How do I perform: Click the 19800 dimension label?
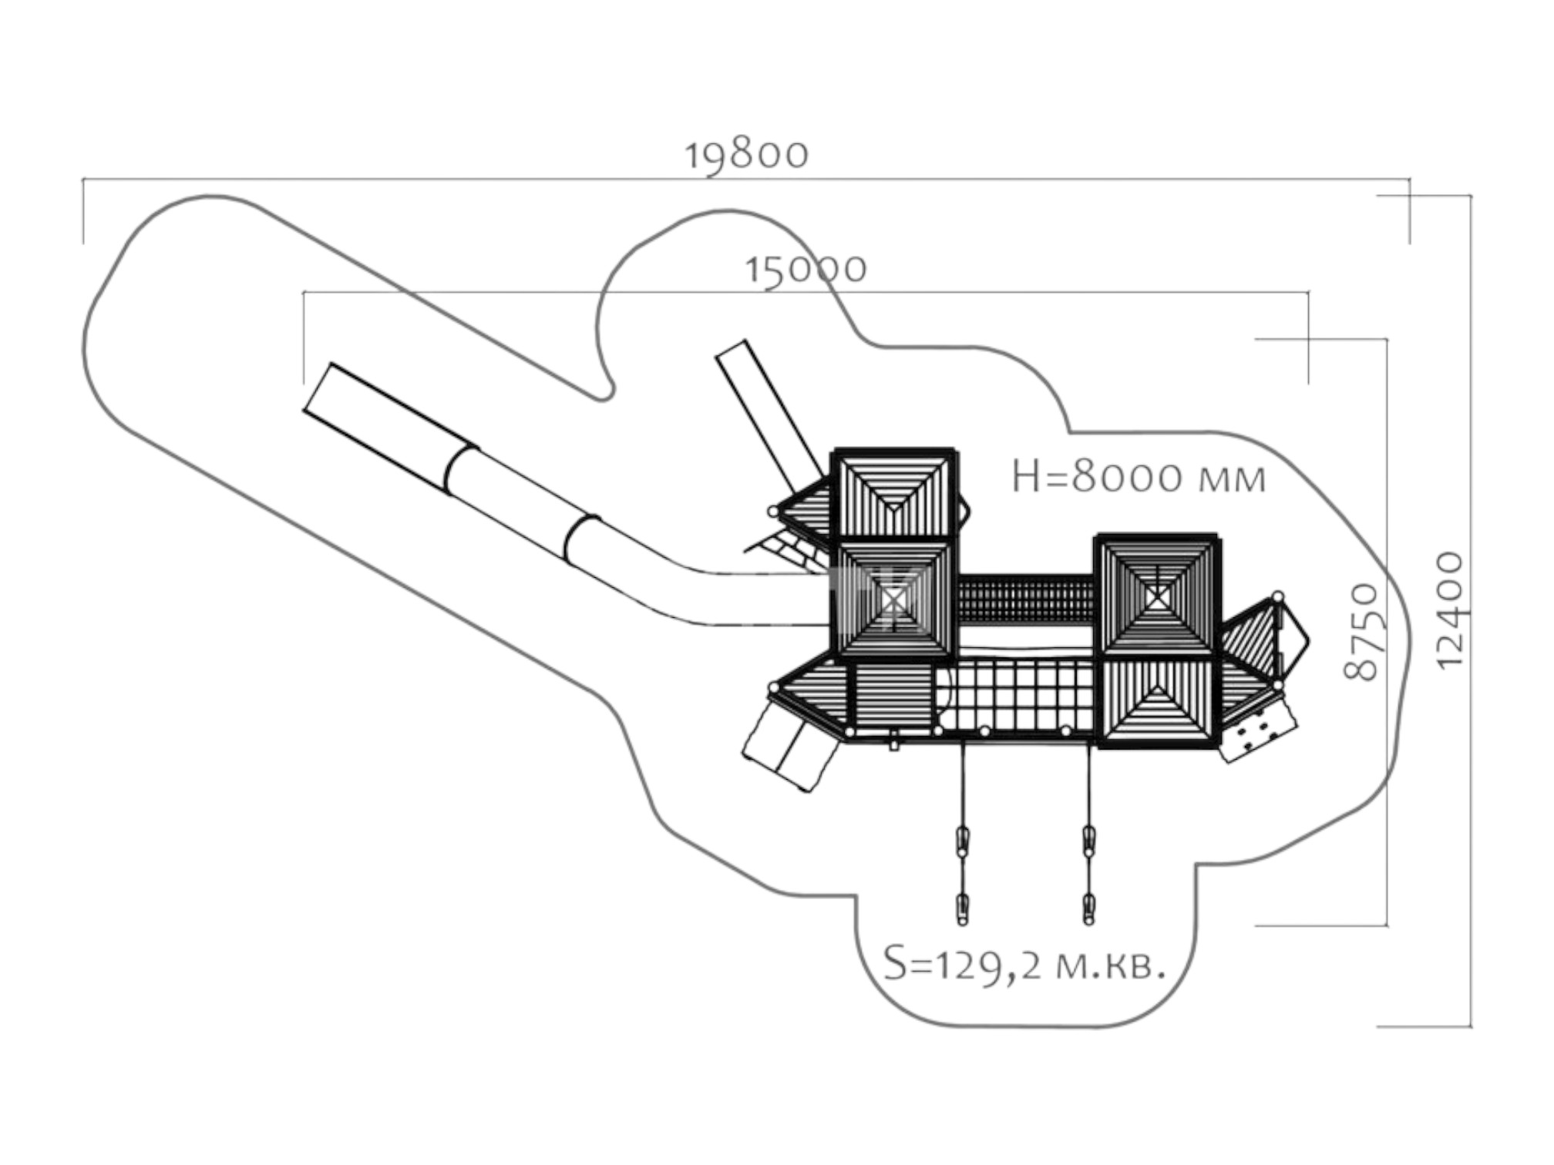(746, 155)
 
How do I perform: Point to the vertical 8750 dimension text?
(1361, 632)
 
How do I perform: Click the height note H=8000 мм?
(1139, 477)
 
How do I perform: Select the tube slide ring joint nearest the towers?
(581, 538)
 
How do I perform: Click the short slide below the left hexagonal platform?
(789, 744)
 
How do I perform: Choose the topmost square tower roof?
(894, 494)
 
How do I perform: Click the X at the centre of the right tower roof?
(1156, 598)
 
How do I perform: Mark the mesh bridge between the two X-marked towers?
(1025, 601)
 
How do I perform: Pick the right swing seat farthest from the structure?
(1088, 908)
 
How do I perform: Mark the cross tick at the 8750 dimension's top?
(1308, 339)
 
